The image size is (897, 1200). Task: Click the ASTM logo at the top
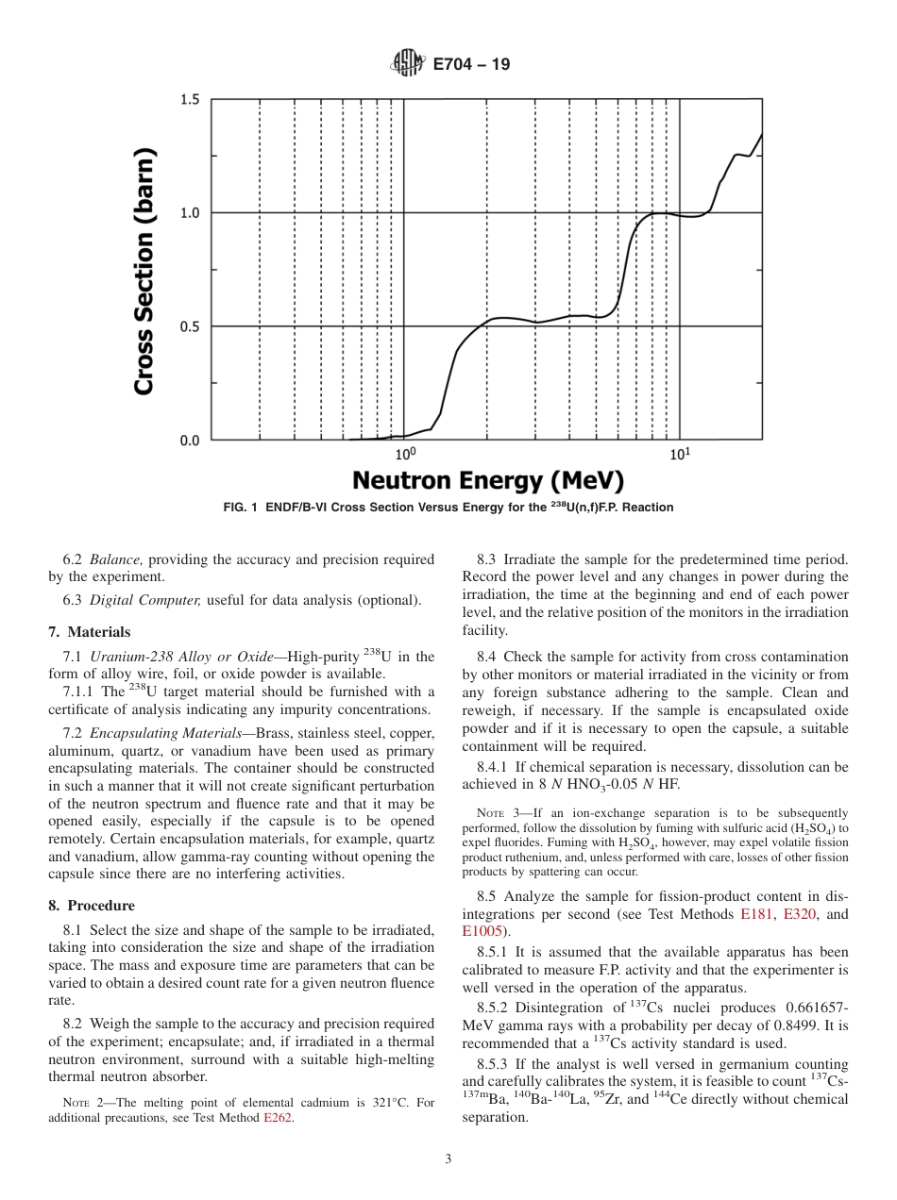tap(406, 64)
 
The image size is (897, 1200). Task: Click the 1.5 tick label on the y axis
tap(190, 100)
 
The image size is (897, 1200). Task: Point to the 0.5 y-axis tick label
tap(190, 326)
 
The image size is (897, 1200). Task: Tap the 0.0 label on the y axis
tap(190, 441)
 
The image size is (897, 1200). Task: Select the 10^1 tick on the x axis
tap(679, 454)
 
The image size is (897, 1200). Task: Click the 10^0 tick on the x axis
tap(405, 454)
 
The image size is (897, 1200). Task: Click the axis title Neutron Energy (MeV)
tap(488, 481)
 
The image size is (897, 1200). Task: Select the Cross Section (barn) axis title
tap(144, 271)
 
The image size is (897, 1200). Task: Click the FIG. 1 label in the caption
tap(242, 508)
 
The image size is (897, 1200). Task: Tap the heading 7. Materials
tap(90, 632)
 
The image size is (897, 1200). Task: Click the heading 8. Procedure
tap(92, 906)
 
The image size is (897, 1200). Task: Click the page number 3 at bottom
tap(448, 1159)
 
